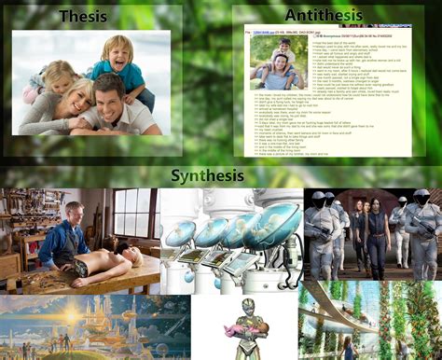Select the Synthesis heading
[x=207, y=175]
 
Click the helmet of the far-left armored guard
[x=317, y=200]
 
